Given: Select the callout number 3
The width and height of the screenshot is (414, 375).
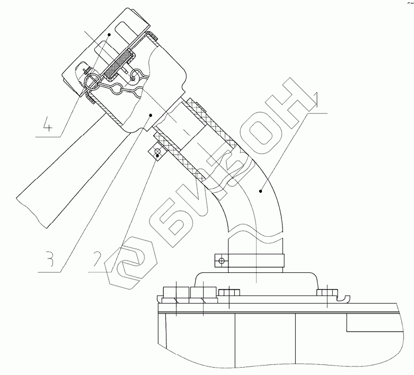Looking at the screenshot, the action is (x=48, y=259).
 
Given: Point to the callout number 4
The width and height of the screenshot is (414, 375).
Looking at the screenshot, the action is (x=47, y=124).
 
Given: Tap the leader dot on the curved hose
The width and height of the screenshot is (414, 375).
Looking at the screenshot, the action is (x=261, y=191).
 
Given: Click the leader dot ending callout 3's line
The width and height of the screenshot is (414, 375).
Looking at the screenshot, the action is (x=151, y=115).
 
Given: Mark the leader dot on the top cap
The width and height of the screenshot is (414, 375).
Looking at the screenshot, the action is (x=109, y=34).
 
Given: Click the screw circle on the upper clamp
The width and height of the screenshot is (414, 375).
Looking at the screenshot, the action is (x=157, y=151).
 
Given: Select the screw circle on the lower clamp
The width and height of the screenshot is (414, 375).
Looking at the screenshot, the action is (x=222, y=261).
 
